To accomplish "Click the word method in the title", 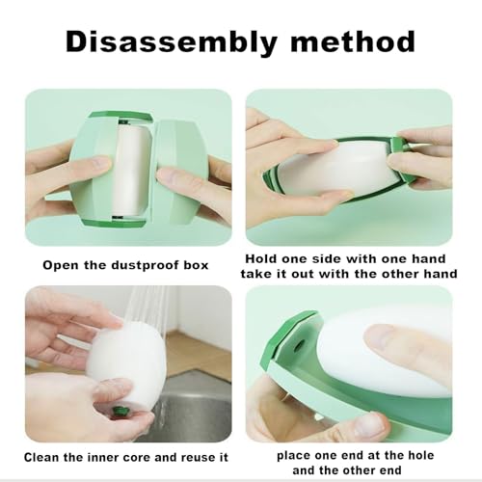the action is coord(353,41).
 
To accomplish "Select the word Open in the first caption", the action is coord(61,266).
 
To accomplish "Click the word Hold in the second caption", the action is coord(261,258).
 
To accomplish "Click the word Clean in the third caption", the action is coord(41,457).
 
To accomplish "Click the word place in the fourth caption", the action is coord(293,456).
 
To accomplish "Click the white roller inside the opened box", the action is coord(132,171).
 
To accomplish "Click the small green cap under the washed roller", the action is coord(120,411).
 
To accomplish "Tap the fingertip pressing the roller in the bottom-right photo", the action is coord(379,337).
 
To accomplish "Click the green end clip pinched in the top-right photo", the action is coord(397,143).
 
